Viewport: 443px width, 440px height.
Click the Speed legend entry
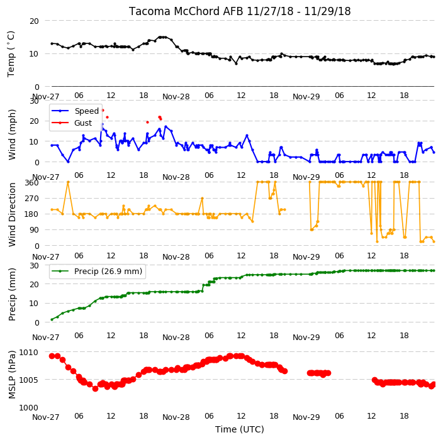pyautogui.click(x=75, y=111)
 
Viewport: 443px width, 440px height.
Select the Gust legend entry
pyautogui.click(x=72, y=123)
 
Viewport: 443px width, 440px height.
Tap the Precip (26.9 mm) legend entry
pyautogui.click(x=97, y=271)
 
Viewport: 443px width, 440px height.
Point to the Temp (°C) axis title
pyautogui.click(x=11, y=54)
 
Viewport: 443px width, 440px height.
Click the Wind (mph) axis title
pyautogui.click(x=11, y=135)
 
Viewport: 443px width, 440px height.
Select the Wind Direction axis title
pyautogui.click(x=11, y=214)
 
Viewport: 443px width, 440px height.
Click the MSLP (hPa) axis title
pyautogui.click(x=11, y=374)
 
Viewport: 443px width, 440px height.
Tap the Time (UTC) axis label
pyautogui.click(x=240, y=429)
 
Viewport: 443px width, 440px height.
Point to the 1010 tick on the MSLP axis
pyautogui.click(x=28, y=352)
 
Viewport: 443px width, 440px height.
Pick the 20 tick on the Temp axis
pyautogui.click(x=34, y=21)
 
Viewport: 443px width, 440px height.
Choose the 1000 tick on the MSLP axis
pyautogui.click(x=28, y=407)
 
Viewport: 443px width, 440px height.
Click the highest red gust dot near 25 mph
pyautogui.click(x=103, y=111)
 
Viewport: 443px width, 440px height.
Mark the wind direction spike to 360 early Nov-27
pyautogui.click(x=68, y=182)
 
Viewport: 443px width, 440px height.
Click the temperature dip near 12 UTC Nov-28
pyautogui.click(x=236, y=63)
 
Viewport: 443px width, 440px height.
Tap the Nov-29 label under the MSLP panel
pyautogui.click(x=306, y=417)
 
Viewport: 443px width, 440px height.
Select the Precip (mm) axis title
pyautogui.click(x=11, y=294)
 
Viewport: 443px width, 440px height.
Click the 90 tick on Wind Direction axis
pyautogui.click(x=34, y=229)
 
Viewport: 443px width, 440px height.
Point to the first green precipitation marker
pyautogui.click(x=52, y=319)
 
